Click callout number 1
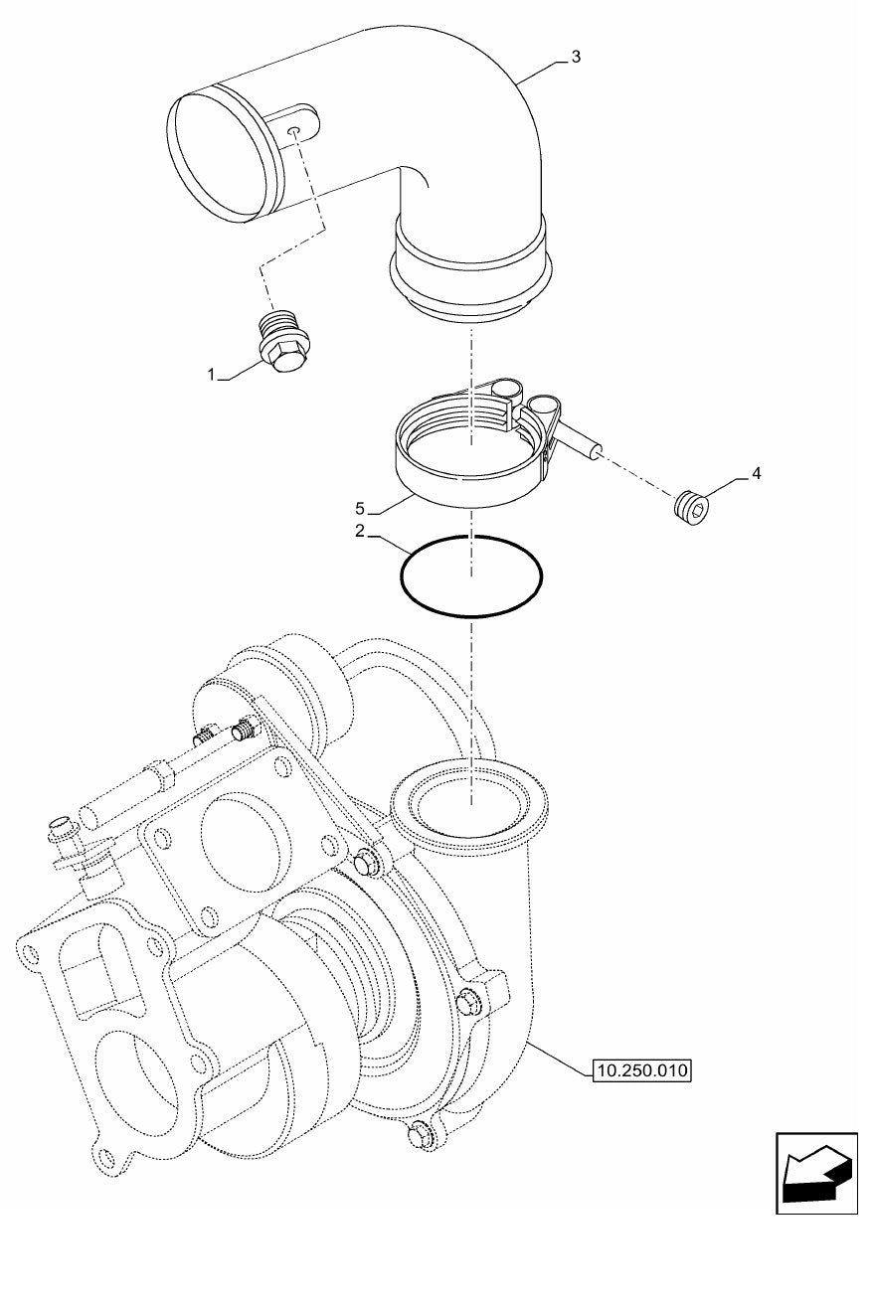(x=213, y=375)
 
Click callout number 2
(x=360, y=531)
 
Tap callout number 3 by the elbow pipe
(x=576, y=57)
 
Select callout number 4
(x=756, y=473)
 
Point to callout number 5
(x=360, y=509)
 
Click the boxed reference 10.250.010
(x=641, y=1070)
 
